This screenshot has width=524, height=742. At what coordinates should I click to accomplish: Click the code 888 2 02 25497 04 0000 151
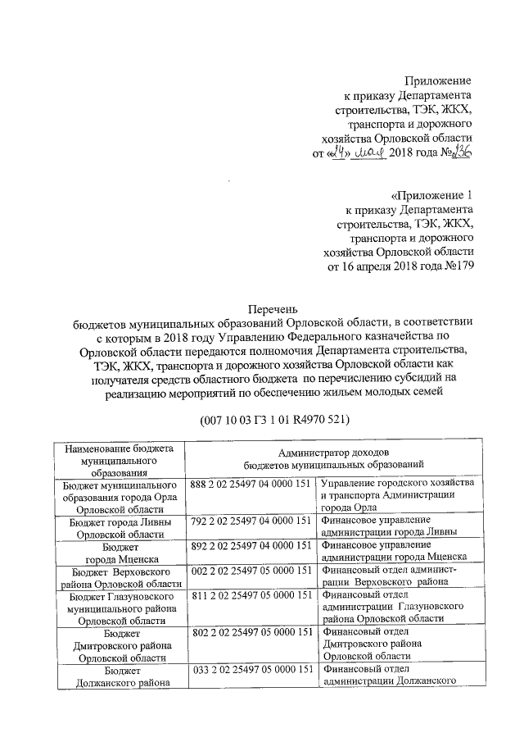pyautogui.click(x=251, y=485)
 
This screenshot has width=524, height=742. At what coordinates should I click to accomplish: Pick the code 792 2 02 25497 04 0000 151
pyautogui.click(x=251, y=521)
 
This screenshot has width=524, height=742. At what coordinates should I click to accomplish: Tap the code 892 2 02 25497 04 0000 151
pyautogui.click(x=251, y=544)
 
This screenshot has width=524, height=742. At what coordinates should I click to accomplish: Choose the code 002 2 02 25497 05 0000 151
pyautogui.click(x=251, y=569)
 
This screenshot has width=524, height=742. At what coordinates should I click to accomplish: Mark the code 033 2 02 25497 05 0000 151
pyautogui.click(x=251, y=669)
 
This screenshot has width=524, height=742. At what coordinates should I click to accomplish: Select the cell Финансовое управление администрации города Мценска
pyautogui.click(x=398, y=550)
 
